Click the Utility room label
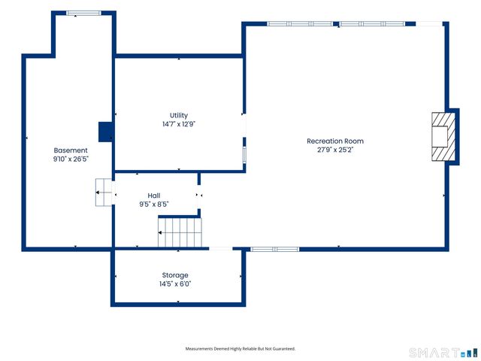(x=179, y=115)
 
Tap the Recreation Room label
(x=335, y=141)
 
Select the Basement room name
(x=71, y=150)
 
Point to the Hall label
(x=154, y=196)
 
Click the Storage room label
(x=175, y=275)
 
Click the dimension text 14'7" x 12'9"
(x=179, y=124)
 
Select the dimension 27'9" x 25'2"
(x=335, y=150)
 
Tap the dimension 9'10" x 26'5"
(x=71, y=159)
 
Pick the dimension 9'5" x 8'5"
(x=154, y=204)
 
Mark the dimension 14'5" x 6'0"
(x=175, y=284)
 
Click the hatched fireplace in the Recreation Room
(x=443, y=137)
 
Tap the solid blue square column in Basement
(x=106, y=132)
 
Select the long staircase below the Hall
(x=180, y=232)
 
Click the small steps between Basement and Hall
(x=104, y=193)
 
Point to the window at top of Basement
(x=83, y=14)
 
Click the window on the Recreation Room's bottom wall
(x=275, y=249)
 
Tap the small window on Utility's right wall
(x=244, y=154)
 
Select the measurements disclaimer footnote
(x=240, y=349)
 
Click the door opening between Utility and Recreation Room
(x=244, y=126)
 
